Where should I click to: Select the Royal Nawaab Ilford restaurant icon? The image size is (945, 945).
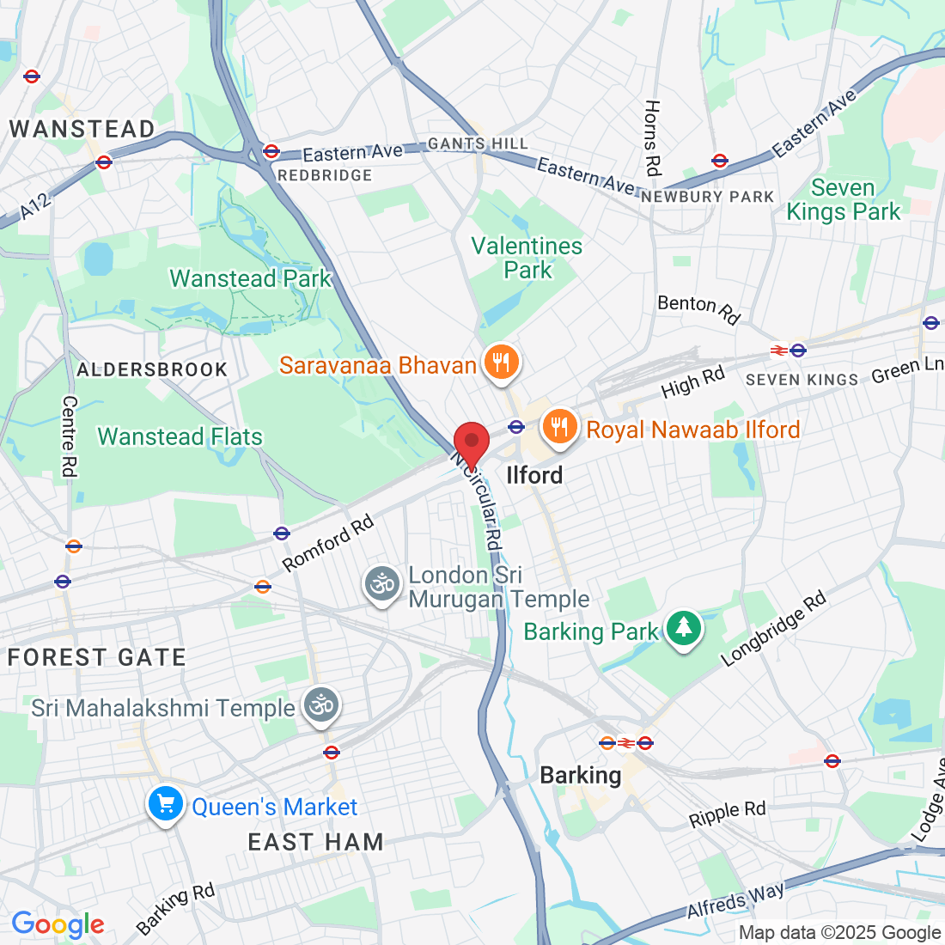click(559, 427)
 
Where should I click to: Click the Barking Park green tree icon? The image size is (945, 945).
click(683, 629)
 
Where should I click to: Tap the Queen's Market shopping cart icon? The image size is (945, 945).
click(165, 804)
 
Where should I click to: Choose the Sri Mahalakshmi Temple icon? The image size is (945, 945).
click(322, 706)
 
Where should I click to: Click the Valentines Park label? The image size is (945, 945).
click(527, 258)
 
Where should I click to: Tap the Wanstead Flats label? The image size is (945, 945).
click(180, 436)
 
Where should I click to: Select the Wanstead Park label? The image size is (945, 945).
click(250, 278)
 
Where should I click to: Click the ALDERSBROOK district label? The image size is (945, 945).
click(152, 369)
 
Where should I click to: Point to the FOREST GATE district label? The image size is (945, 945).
click(97, 657)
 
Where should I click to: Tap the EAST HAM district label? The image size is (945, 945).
click(315, 842)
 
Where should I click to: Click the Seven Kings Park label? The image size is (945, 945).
click(843, 200)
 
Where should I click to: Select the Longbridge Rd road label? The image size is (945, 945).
click(773, 629)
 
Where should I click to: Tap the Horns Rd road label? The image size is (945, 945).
click(652, 138)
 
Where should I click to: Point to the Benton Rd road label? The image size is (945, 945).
click(698, 308)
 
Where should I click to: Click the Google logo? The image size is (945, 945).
click(58, 924)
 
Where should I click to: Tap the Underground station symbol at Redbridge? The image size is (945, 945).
click(271, 152)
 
